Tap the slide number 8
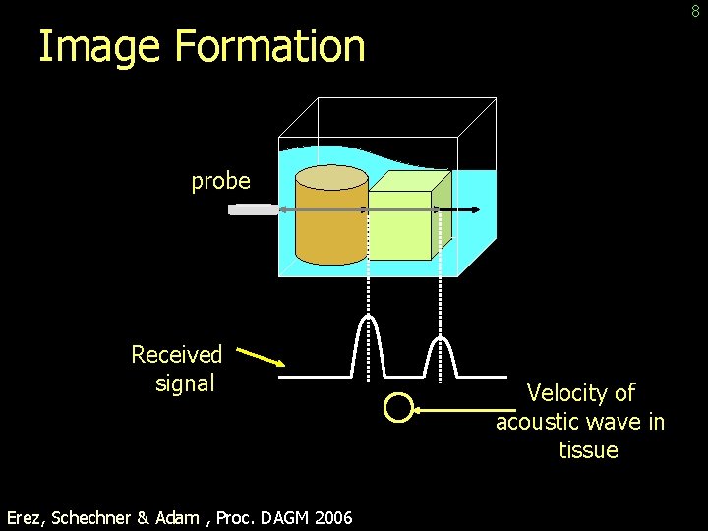[x=695, y=11]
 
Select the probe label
[x=220, y=181]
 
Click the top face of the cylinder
[x=331, y=178]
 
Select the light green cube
[x=400, y=226]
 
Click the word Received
[x=177, y=354]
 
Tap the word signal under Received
[x=185, y=383]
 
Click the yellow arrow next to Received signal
[x=261, y=355]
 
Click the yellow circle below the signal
[x=397, y=408]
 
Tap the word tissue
[x=588, y=450]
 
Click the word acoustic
[x=536, y=422]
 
